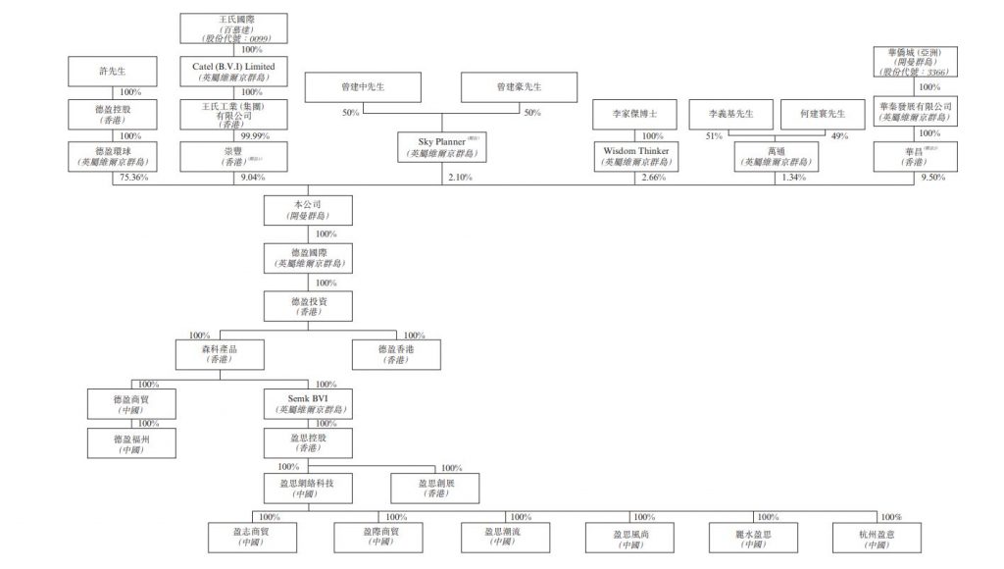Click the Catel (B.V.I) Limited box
[x=233, y=71]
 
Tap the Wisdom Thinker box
[x=635, y=156]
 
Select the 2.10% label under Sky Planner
[x=459, y=178]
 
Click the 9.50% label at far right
[x=937, y=180]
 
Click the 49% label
[x=838, y=136]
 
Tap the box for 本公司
[x=308, y=210]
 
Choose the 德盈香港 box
[x=396, y=353]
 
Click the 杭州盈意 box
[x=877, y=537]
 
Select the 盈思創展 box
[x=436, y=488]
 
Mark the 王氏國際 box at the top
[x=233, y=27]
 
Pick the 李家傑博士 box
[x=635, y=115]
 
